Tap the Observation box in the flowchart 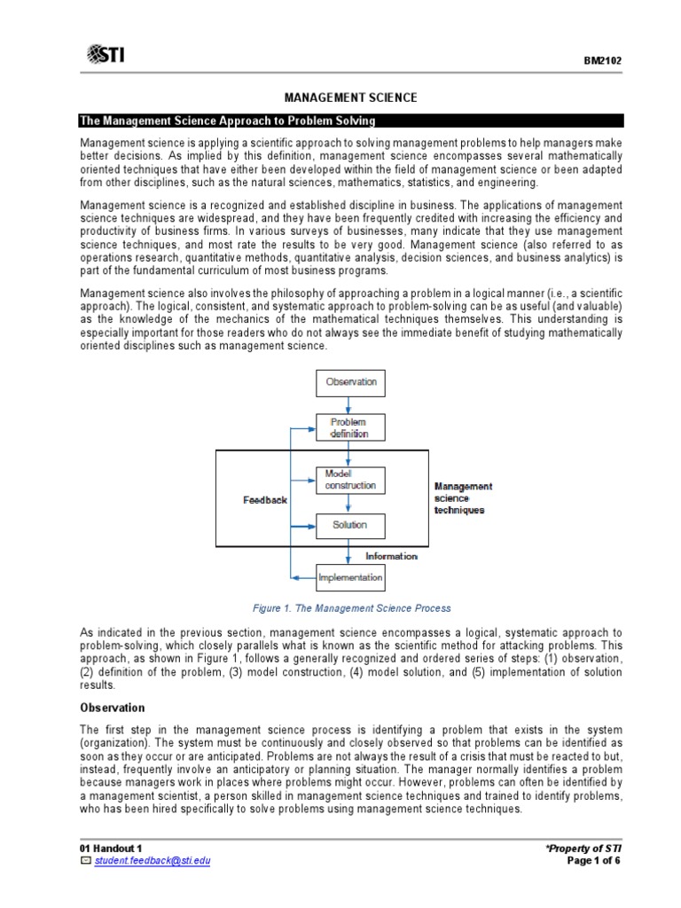tap(351, 382)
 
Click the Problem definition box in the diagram tap(348, 427)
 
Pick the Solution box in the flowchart tap(349, 525)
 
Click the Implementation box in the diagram tap(350, 578)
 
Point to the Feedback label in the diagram tap(265, 500)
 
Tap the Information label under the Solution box tap(391, 556)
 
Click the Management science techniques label tap(462, 498)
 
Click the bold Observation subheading tap(112, 708)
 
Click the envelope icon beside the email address tap(86, 861)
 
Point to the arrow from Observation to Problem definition tap(349, 404)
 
